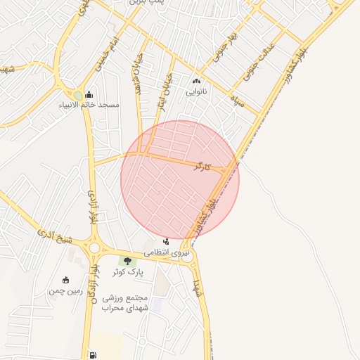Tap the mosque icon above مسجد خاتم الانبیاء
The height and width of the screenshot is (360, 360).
(89, 94)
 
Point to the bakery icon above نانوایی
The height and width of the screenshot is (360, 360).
(196, 81)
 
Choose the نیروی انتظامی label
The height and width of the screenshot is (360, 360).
(167, 251)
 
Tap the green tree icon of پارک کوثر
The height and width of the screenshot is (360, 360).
(127, 261)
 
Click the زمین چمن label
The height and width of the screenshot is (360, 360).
(65, 290)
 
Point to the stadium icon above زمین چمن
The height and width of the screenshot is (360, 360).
(66, 280)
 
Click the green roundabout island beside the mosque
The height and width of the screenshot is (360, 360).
(77, 95)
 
